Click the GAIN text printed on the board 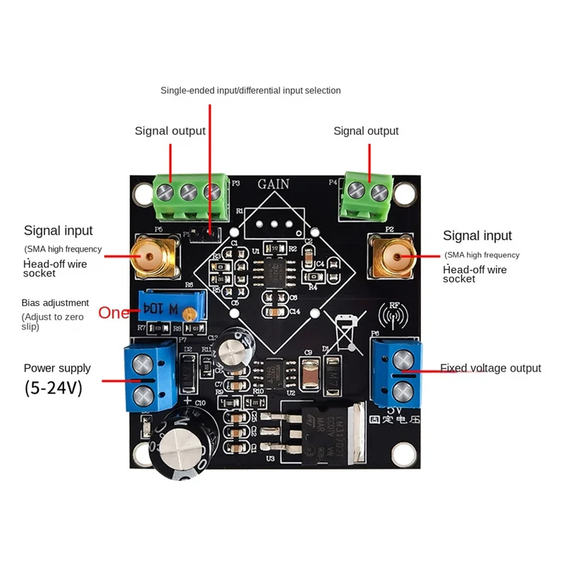[x=273, y=184]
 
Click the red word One [x=114, y=313]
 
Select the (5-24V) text [x=53, y=388]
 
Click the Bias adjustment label [x=55, y=302]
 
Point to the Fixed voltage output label [x=491, y=368]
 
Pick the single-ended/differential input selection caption [x=250, y=90]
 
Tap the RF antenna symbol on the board [x=393, y=312]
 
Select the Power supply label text [x=57, y=368]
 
